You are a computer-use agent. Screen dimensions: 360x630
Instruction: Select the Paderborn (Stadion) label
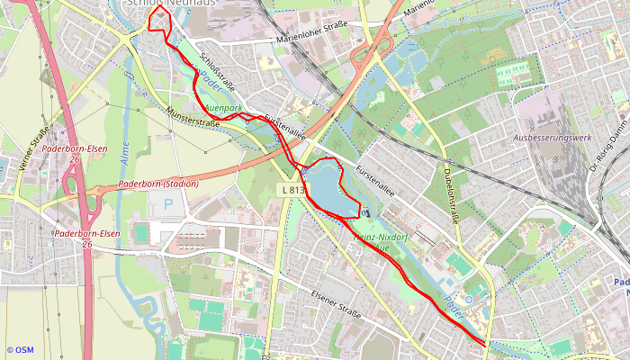tap(157, 184)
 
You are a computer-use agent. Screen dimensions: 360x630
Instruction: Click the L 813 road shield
tap(292, 190)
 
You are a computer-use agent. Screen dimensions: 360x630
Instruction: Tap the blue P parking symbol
tap(168, 204)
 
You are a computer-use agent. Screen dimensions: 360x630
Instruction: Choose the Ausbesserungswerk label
tap(551, 138)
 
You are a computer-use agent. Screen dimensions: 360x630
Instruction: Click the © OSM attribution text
tap(20, 350)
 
